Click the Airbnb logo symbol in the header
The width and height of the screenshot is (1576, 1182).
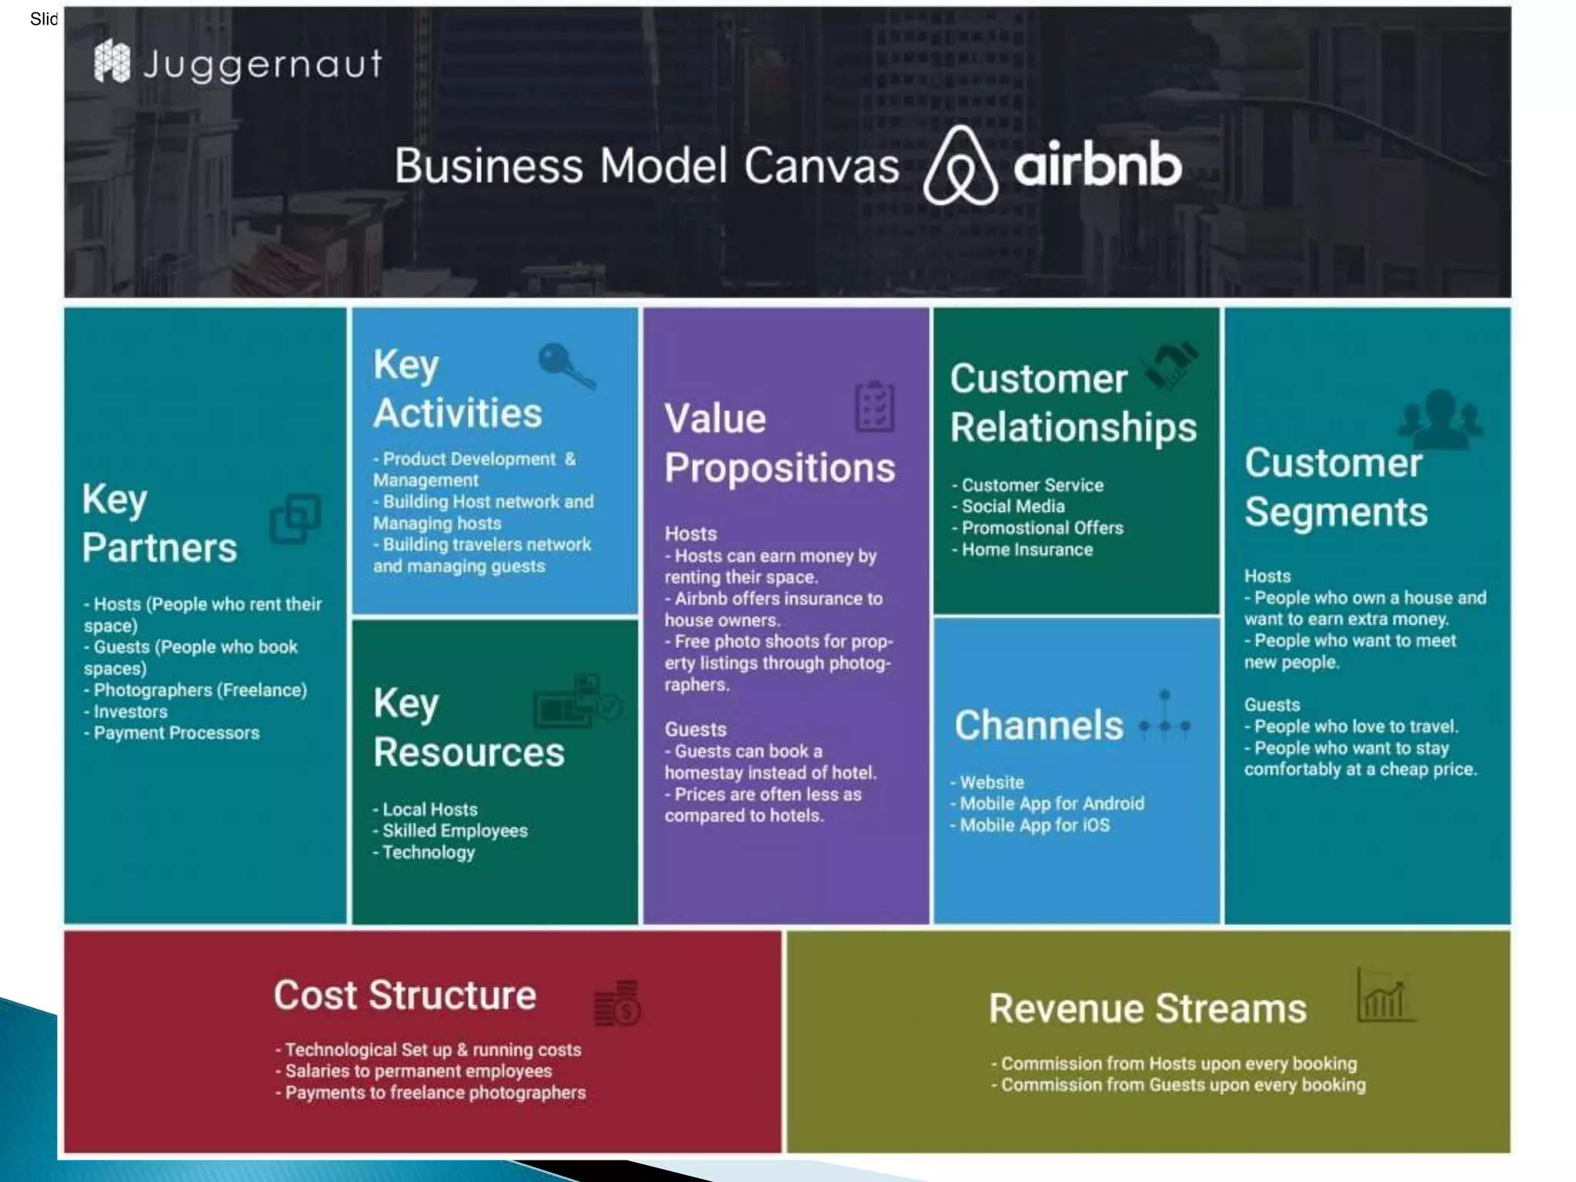[x=960, y=165]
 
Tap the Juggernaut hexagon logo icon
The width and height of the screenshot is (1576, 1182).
[x=112, y=62]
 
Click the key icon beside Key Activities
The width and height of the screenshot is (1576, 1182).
[x=566, y=366]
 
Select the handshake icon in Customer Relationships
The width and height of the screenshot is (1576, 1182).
[x=1170, y=365]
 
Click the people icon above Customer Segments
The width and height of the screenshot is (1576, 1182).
[x=1440, y=419]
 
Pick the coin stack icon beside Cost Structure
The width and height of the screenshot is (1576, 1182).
[x=617, y=1003]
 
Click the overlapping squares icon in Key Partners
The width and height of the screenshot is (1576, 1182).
[x=295, y=518]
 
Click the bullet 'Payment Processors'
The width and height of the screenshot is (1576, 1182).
[x=176, y=733]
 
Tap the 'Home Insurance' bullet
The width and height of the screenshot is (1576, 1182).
[x=1027, y=549]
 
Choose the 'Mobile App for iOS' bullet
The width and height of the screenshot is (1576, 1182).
[x=1034, y=825]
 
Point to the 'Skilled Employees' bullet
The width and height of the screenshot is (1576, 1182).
[x=455, y=831]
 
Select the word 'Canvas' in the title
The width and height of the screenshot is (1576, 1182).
[x=821, y=166]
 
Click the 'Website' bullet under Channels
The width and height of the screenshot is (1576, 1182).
[x=992, y=783]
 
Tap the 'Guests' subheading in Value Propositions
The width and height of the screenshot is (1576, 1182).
[x=696, y=730]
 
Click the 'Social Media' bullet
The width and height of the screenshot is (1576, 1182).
[x=1013, y=506]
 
